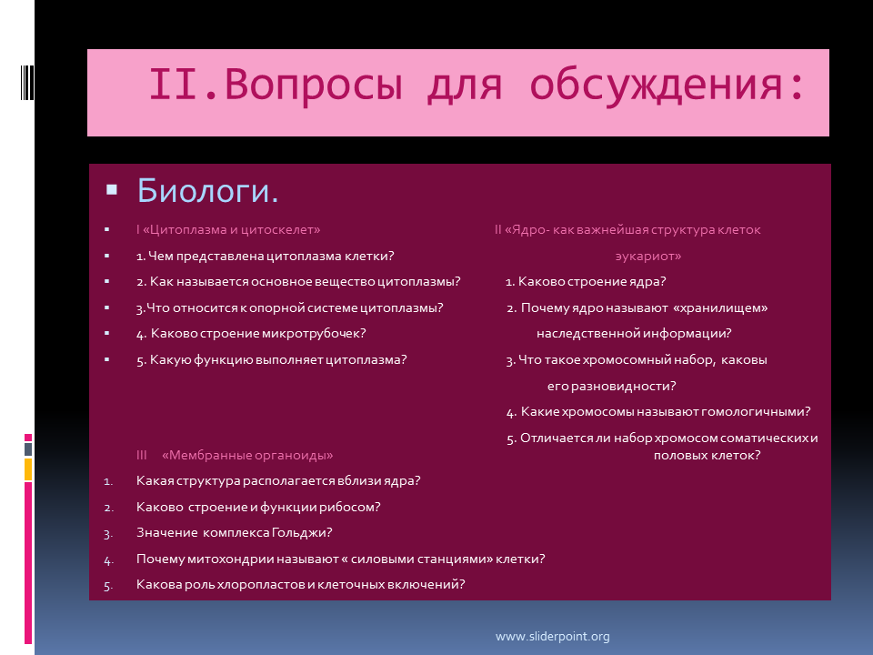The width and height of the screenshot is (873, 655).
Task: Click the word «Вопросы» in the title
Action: click(x=314, y=85)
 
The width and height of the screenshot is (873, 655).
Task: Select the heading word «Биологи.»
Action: click(x=207, y=190)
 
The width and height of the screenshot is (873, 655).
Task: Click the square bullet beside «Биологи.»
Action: click(x=111, y=190)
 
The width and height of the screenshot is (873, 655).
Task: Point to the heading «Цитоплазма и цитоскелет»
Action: click(x=232, y=229)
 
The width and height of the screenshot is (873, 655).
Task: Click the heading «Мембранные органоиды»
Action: click(x=247, y=455)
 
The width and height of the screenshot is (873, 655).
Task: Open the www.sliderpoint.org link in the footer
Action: click(x=552, y=636)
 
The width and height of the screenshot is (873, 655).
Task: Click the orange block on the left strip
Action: click(x=28, y=469)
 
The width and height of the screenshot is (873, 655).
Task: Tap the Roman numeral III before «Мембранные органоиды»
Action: click(x=142, y=455)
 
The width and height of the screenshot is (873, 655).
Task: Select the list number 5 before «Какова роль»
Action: click(x=108, y=585)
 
